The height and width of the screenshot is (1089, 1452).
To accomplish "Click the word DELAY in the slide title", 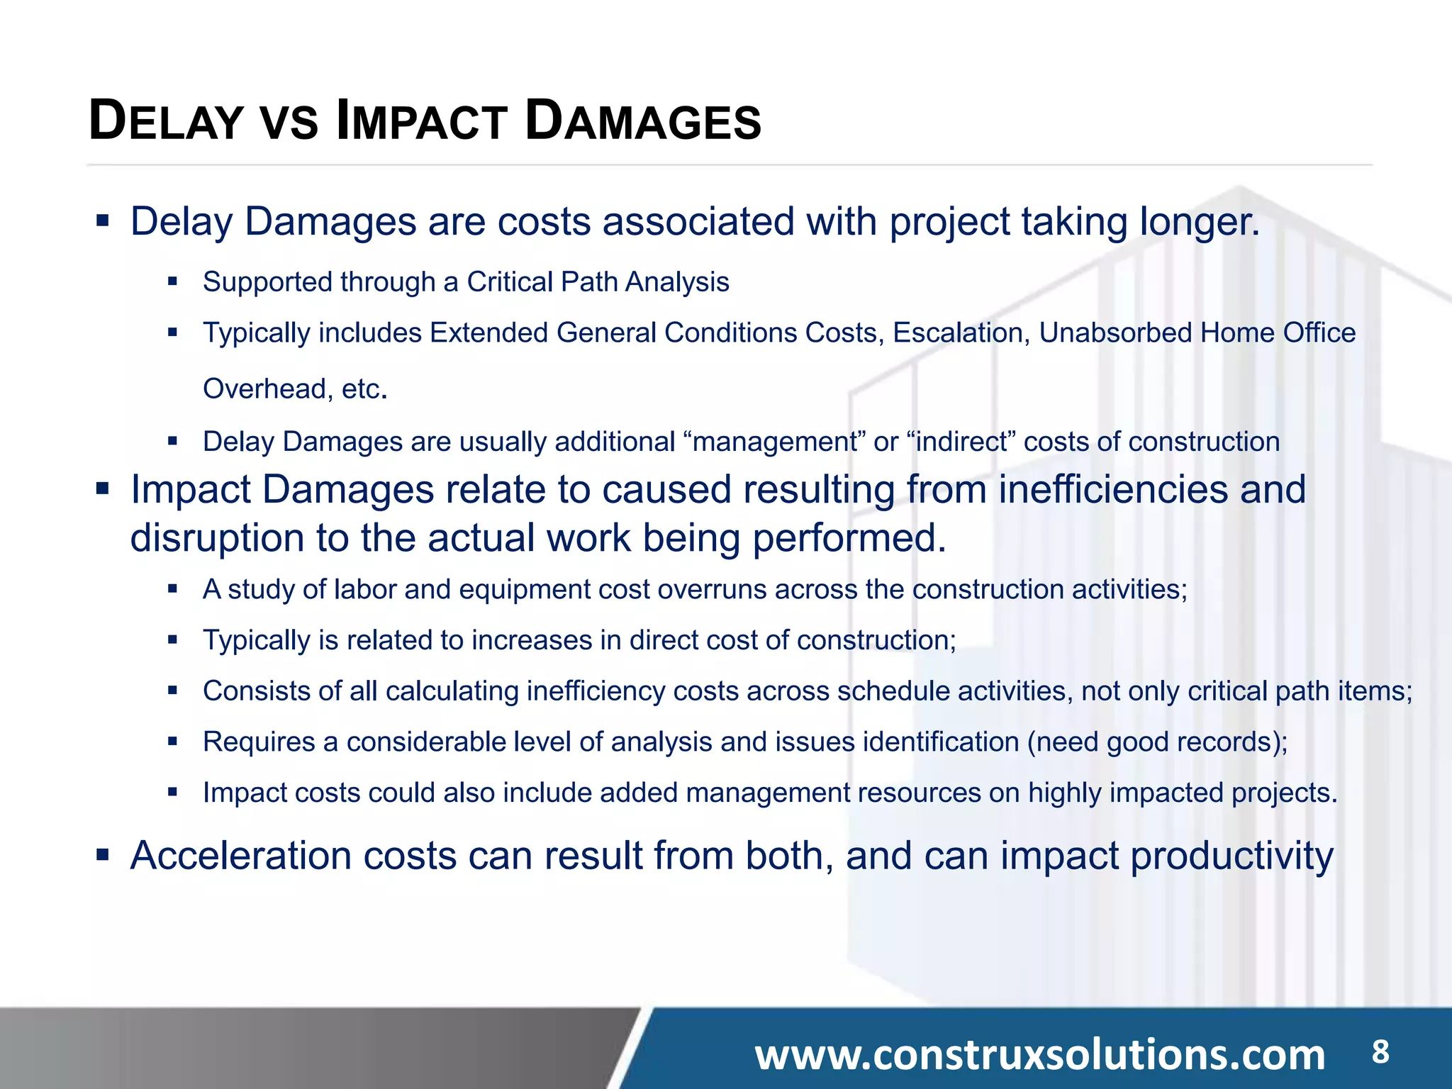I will coord(167,122).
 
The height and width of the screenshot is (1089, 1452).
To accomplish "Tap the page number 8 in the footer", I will coord(1380,1051).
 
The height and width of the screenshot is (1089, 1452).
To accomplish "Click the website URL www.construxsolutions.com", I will coord(1039,1054).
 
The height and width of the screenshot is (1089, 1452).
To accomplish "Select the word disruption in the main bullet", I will coord(216,537).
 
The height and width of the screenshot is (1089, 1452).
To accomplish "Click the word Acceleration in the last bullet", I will coord(240,856).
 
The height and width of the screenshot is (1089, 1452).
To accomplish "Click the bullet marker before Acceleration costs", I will coord(103,856).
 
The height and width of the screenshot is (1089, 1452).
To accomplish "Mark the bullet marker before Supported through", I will coord(172,281).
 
